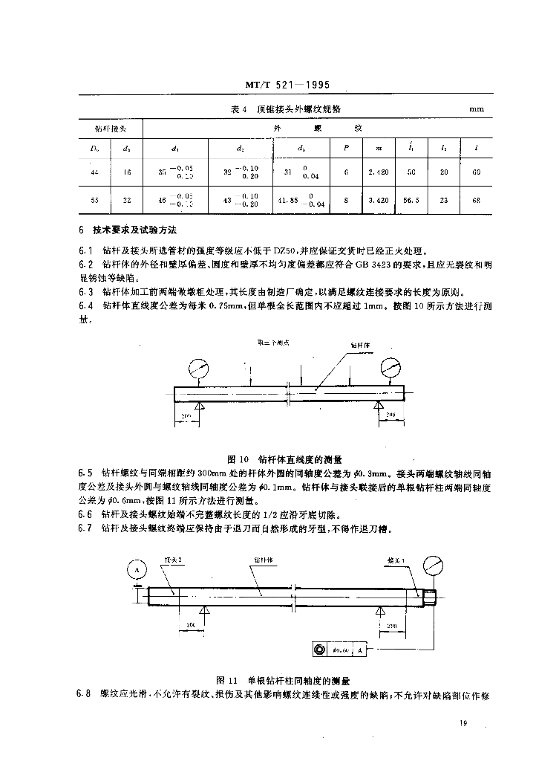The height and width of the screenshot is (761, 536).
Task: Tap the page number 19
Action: [463, 723]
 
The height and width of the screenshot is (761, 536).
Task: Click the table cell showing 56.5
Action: [410, 201]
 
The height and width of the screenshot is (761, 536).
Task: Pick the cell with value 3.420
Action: [379, 201]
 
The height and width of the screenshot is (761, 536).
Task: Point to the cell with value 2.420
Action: [379, 172]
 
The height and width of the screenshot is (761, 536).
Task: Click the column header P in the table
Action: [347, 148]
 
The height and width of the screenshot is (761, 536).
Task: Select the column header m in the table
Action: [379, 148]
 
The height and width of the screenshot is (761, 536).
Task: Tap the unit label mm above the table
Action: [476, 109]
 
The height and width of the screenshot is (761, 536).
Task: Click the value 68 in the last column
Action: [475, 201]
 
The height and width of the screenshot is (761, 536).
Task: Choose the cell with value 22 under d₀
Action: [128, 201]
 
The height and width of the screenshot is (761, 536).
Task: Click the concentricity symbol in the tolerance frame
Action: [320, 650]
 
